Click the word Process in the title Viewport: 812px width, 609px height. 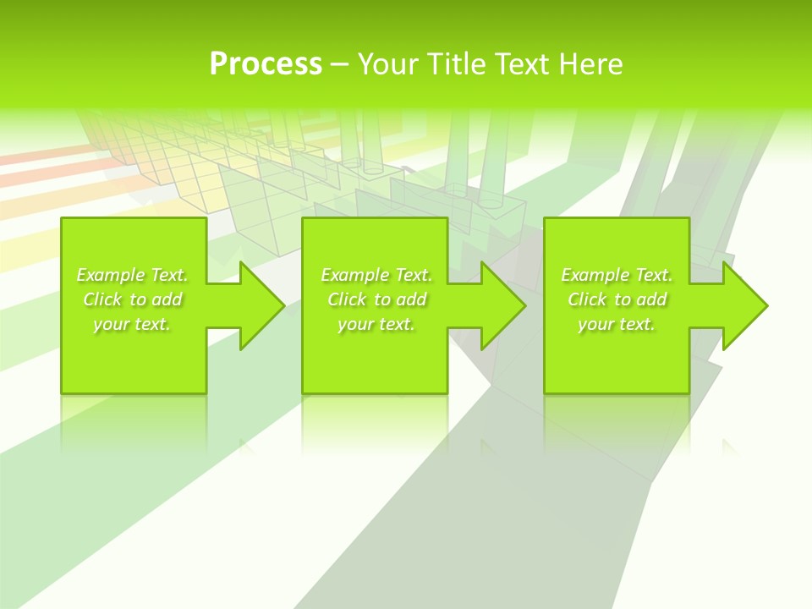pos(266,64)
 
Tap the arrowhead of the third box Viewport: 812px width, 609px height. pos(743,305)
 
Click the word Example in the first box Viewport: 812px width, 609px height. pos(110,275)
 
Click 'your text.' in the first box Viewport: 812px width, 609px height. pos(132,324)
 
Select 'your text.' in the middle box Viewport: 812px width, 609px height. pos(376,324)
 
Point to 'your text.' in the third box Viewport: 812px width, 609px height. pos(617,324)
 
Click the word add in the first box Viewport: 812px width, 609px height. pos(168,299)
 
